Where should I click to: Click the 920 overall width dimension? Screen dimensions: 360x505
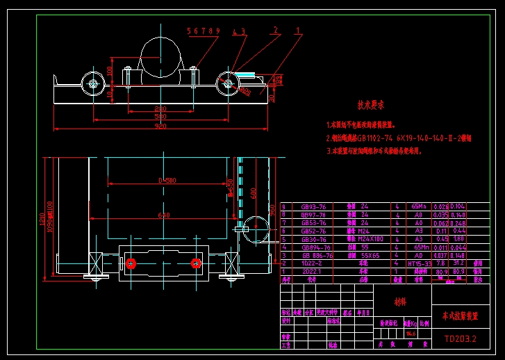[x=160, y=126]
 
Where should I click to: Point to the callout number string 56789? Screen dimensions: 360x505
[x=204, y=31]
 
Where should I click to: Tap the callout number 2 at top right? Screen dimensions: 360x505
[x=276, y=31]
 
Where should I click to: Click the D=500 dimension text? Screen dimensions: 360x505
[x=167, y=181]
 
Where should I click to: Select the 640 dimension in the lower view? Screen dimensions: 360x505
[x=164, y=215]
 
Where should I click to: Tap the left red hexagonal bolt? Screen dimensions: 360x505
[x=130, y=263]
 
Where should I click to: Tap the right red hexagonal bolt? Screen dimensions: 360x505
[x=196, y=263]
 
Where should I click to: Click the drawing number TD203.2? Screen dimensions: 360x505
[x=460, y=339]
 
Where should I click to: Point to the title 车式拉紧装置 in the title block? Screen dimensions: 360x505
[x=461, y=316]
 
